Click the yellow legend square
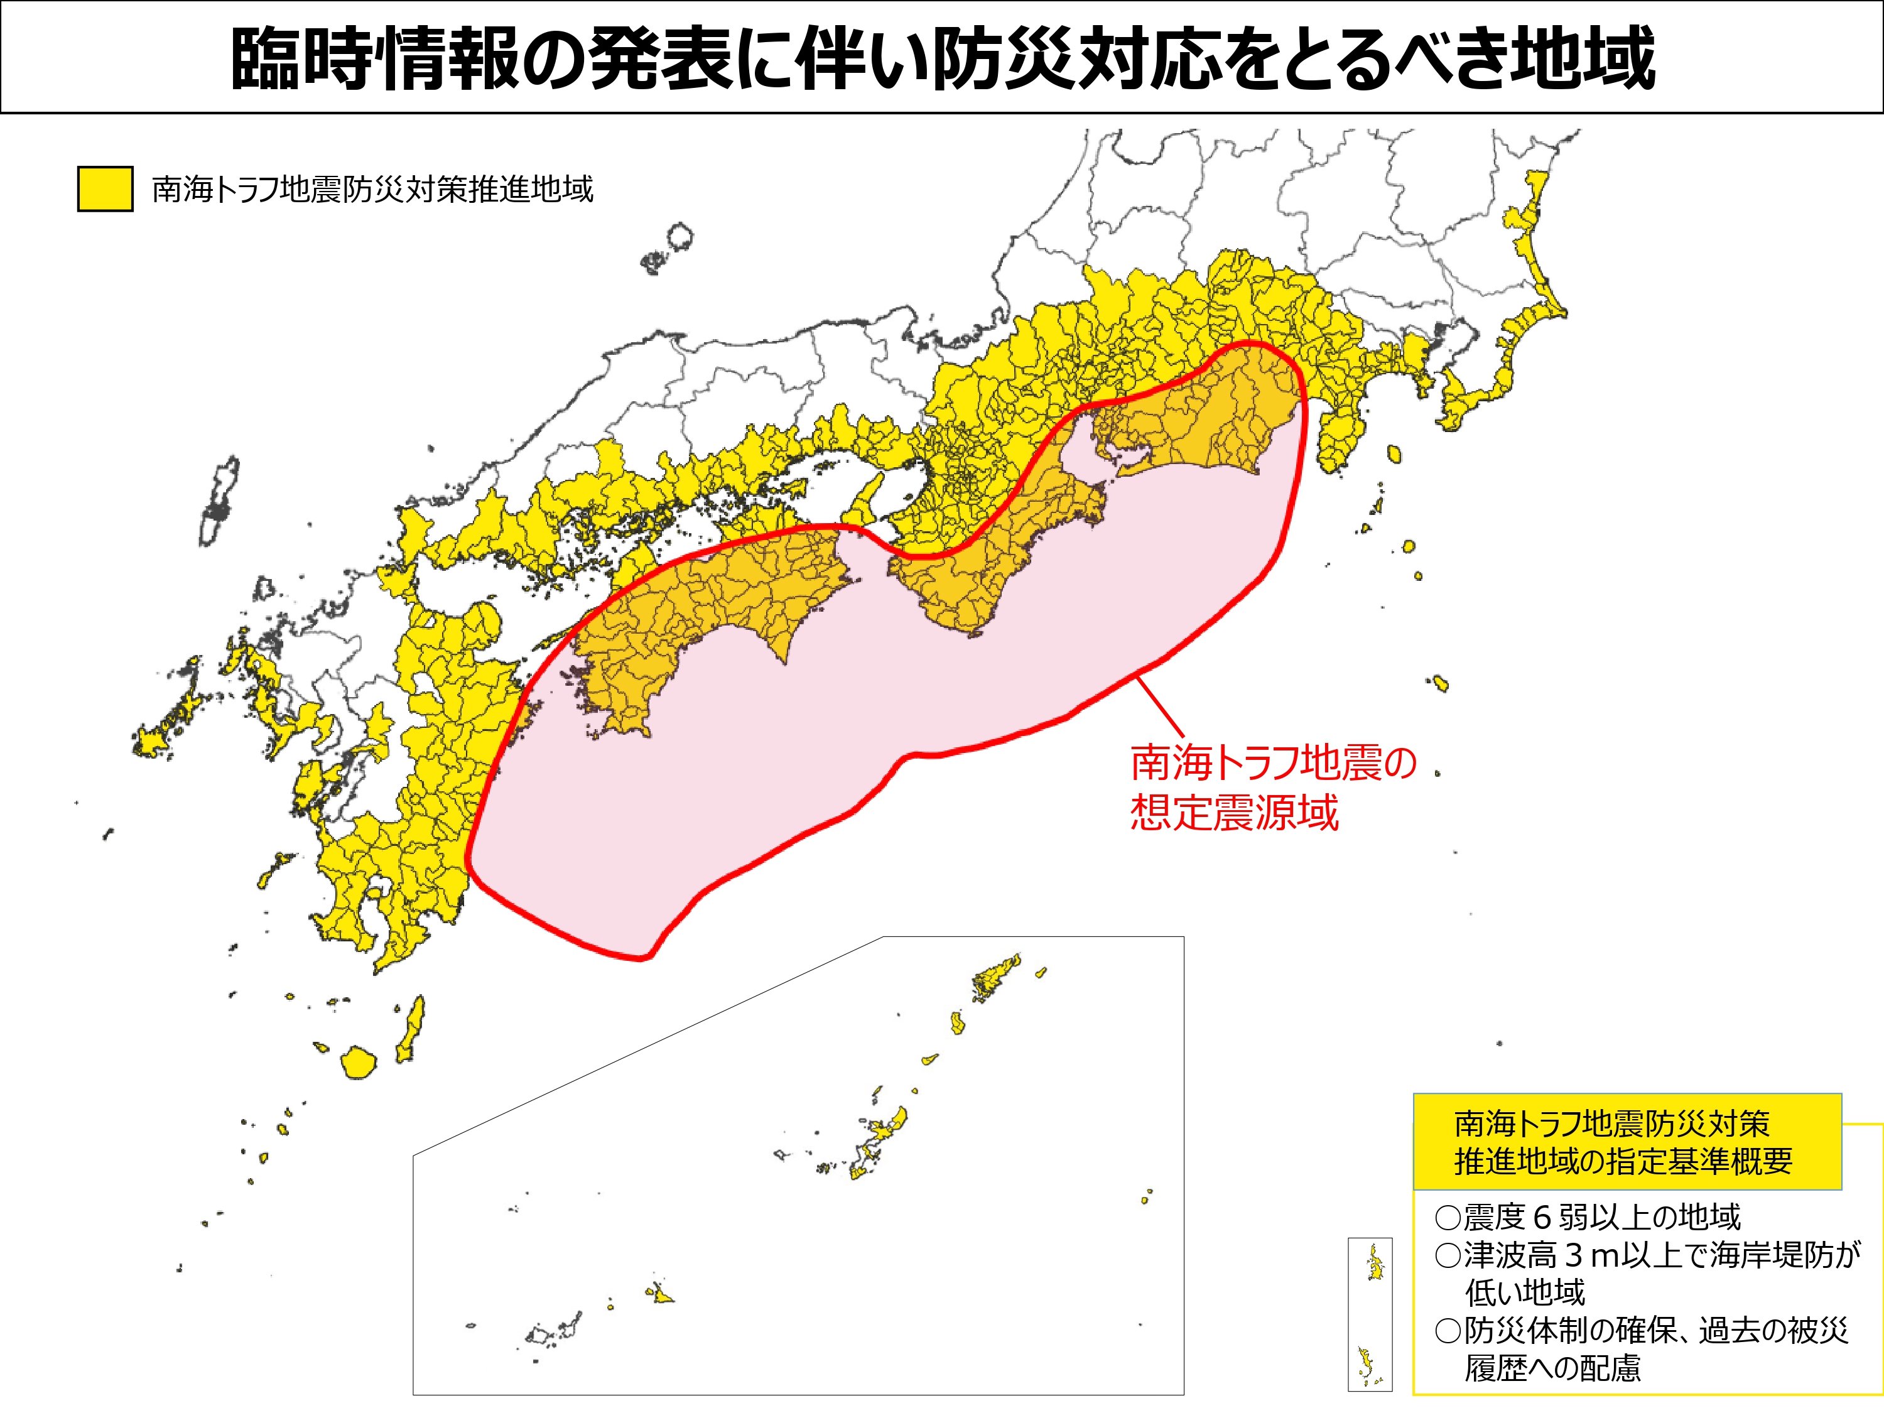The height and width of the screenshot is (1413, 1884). (x=105, y=188)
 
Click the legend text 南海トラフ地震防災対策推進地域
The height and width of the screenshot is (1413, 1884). (x=372, y=189)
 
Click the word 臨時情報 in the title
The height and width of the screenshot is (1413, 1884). (x=375, y=58)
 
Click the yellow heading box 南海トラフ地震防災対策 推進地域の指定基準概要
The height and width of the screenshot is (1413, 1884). (x=1627, y=1142)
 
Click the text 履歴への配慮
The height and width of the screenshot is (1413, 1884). (x=1552, y=1368)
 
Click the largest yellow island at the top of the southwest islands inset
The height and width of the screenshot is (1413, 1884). (x=997, y=980)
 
